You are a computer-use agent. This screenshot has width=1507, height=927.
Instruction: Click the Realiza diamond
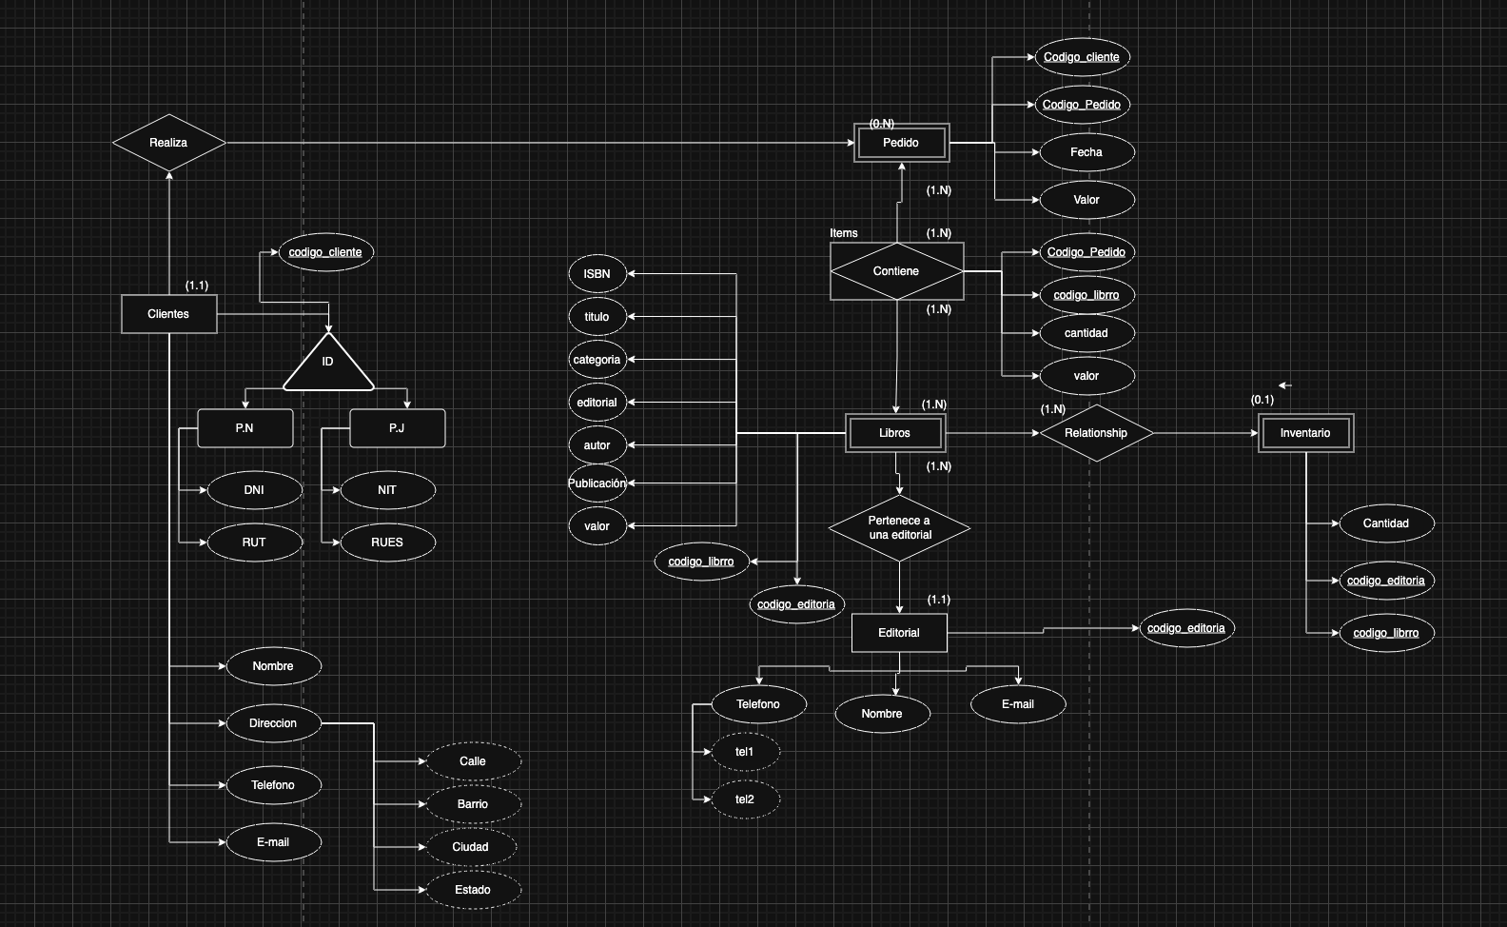tap(168, 143)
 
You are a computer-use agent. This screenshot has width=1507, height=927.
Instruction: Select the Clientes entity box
tap(168, 314)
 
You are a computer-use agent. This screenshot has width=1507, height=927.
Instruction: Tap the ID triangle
tap(328, 364)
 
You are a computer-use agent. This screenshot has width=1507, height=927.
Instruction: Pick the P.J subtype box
tap(397, 428)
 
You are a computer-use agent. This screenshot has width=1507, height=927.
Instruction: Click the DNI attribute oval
tap(254, 490)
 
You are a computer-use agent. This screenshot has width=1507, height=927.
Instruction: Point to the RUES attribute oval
tap(387, 542)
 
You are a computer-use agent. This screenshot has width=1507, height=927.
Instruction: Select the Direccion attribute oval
tap(273, 723)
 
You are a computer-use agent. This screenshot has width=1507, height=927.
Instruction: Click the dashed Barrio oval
tap(473, 804)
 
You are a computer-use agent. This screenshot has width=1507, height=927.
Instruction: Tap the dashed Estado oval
tap(473, 890)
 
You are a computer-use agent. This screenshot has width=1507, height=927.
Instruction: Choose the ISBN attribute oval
tap(597, 274)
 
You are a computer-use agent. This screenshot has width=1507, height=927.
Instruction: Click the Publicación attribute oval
tap(597, 483)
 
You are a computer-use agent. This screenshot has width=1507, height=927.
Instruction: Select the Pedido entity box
tap(901, 143)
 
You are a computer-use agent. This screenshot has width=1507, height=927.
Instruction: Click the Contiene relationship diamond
tap(896, 271)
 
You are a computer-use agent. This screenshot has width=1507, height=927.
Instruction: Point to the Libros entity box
tap(894, 433)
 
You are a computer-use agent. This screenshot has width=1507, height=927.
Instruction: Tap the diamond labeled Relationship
tap(1096, 433)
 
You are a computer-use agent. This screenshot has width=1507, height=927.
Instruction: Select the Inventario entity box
tap(1305, 433)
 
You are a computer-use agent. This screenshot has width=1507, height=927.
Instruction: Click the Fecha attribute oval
tap(1086, 152)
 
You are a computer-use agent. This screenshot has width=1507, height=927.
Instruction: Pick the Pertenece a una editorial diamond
tap(899, 528)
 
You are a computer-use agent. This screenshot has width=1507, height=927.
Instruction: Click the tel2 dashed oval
tap(745, 799)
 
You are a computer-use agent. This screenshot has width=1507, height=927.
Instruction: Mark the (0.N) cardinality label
tap(882, 124)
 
